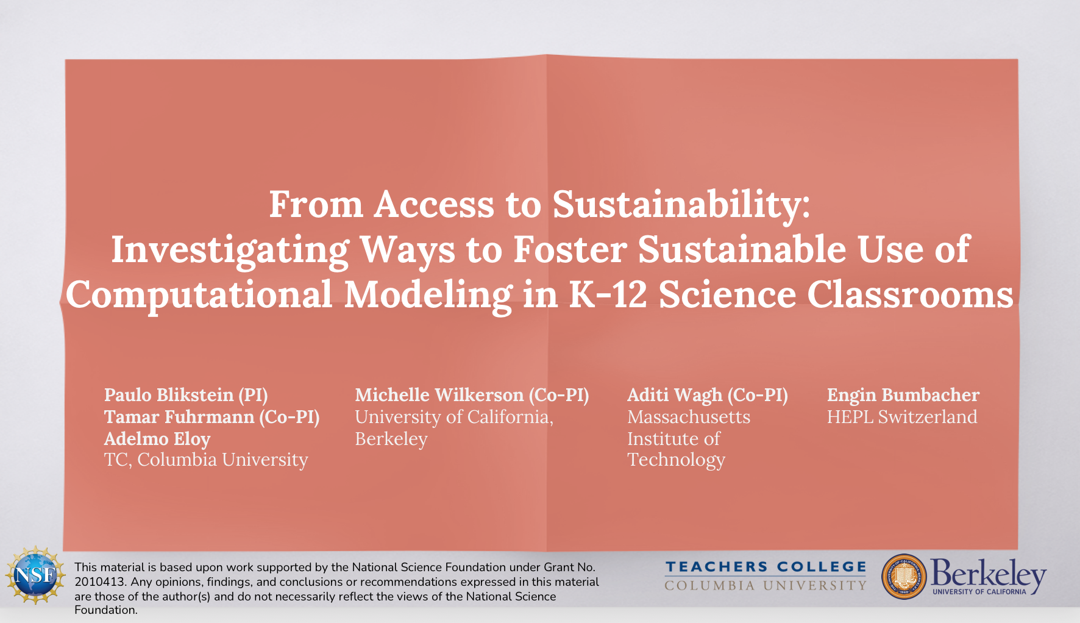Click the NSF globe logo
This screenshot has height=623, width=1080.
pyautogui.click(x=35, y=575)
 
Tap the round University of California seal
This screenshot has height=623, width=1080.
pyautogui.click(x=904, y=576)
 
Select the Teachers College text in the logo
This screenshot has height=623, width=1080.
pyautogui.click(x=766, y=567)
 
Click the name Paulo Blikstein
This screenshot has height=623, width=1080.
pyautogui.click(x=169, y=395)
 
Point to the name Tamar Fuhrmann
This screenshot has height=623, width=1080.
pyautogui.click(x=179, y=417)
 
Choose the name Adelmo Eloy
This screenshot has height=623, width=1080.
pyautogui.click(x=157, y=439)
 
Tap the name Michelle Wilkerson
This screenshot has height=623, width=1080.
pyautogui.click(x=439, y=395)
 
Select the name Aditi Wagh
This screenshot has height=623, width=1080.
pyautogui.click(x=675, y=396)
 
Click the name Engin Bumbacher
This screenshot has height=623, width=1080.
pyautogui.click(x=903, y=396)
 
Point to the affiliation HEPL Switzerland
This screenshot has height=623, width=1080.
pyautogui.click(x=902, y=417)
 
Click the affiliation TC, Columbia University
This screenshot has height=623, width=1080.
pyautogui.click(x=206, y=460)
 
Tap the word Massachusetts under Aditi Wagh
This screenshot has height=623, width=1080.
pyautogui.click(x=689, y=417)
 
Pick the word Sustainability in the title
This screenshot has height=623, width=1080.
pyautogui.click(x=681, y=205)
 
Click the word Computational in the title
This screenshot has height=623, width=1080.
pyautogui.click(x=199, y=296)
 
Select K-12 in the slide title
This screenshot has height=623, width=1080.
pyautogui.click(x=608, y=294)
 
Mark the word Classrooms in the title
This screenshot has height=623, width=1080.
pyautogui.click(x=911, y=294)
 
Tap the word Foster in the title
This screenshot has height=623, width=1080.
pyautogui.click(x=570, y=250)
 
